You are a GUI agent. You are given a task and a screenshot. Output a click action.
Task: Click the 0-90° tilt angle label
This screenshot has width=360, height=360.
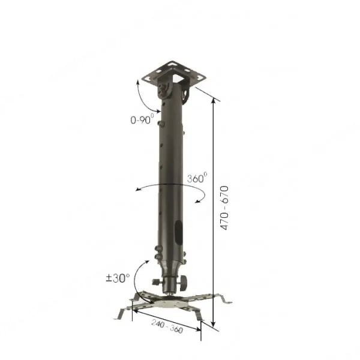142,119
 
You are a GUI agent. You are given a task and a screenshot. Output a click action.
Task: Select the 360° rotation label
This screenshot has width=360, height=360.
197,178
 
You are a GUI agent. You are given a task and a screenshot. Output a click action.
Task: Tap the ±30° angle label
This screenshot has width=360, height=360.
118,278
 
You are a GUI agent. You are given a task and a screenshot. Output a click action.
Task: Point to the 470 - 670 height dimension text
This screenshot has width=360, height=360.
224,208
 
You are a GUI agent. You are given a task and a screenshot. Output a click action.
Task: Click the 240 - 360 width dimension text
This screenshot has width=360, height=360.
167,326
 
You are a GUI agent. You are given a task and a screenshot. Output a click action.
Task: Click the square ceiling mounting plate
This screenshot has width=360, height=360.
174,73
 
